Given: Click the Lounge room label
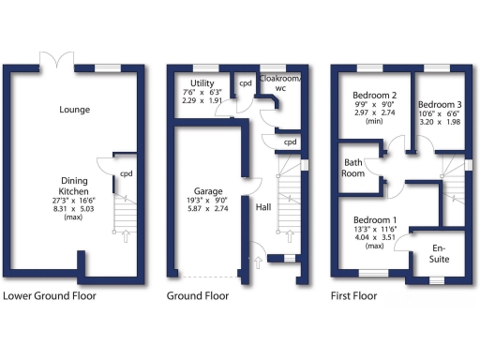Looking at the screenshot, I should (74, 110).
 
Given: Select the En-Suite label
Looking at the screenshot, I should (438, 253).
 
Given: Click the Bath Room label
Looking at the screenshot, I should (353, 168).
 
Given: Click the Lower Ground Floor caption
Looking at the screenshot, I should (50, 296).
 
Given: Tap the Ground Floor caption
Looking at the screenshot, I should (198, 296).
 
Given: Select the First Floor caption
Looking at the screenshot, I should (353, 296).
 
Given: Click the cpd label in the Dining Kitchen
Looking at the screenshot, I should (127, 173).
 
